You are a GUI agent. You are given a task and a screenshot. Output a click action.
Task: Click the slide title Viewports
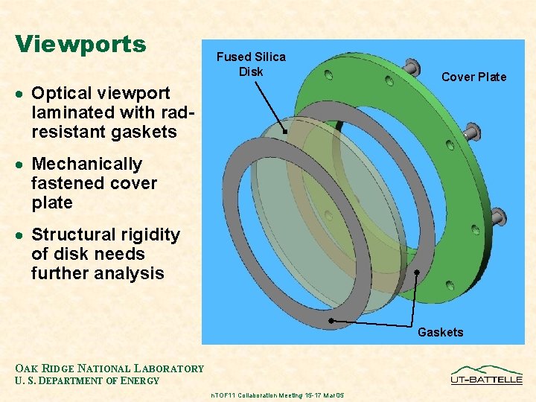pos(80,44)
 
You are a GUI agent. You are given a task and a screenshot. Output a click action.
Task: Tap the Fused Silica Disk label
pos(251,64)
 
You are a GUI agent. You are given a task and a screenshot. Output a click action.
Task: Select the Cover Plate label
pos(473,77)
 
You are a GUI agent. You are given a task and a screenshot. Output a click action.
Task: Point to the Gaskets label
pos(440,332)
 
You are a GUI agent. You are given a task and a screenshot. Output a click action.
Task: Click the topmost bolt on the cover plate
pos(411,68)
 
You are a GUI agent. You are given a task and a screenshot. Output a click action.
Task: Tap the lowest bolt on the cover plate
pos(498,217)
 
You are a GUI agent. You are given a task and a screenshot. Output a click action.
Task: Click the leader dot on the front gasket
pos(331,320)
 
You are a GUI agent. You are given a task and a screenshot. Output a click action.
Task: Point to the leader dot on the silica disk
pos(284,130)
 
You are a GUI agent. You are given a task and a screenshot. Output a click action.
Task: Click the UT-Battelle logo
pos(486,374)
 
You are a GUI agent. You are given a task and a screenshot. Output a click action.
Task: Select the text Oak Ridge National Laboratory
pos(109,368)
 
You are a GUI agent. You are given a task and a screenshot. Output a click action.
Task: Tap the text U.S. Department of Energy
pos(87,381)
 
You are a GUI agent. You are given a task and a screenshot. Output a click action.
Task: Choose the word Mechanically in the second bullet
pos(86,164)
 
